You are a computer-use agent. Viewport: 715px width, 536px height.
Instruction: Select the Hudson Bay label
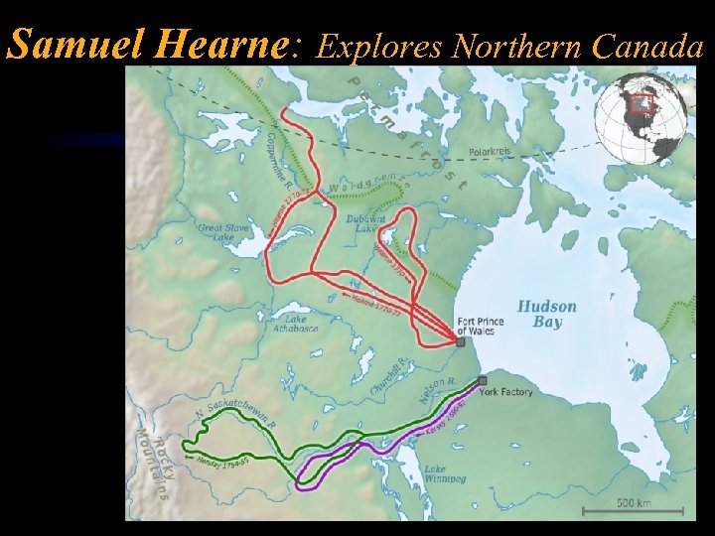[x=546, y=314]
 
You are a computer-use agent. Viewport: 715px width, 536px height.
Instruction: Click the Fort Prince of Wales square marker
[x=460, y=341]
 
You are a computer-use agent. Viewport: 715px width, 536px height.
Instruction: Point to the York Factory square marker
[x=483, y=380]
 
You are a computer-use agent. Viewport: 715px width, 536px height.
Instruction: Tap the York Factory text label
[x=505, y=392]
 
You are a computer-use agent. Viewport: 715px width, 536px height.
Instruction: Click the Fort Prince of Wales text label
[x=480, y=326]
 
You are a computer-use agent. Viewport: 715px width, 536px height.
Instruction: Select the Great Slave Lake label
[x=222, y=233]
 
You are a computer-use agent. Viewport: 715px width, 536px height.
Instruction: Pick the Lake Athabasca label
[x=296, y=324]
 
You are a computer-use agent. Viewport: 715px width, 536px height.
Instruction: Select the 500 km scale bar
[x=632, y=507]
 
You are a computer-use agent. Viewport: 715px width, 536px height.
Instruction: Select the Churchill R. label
[x=389, y=377]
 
